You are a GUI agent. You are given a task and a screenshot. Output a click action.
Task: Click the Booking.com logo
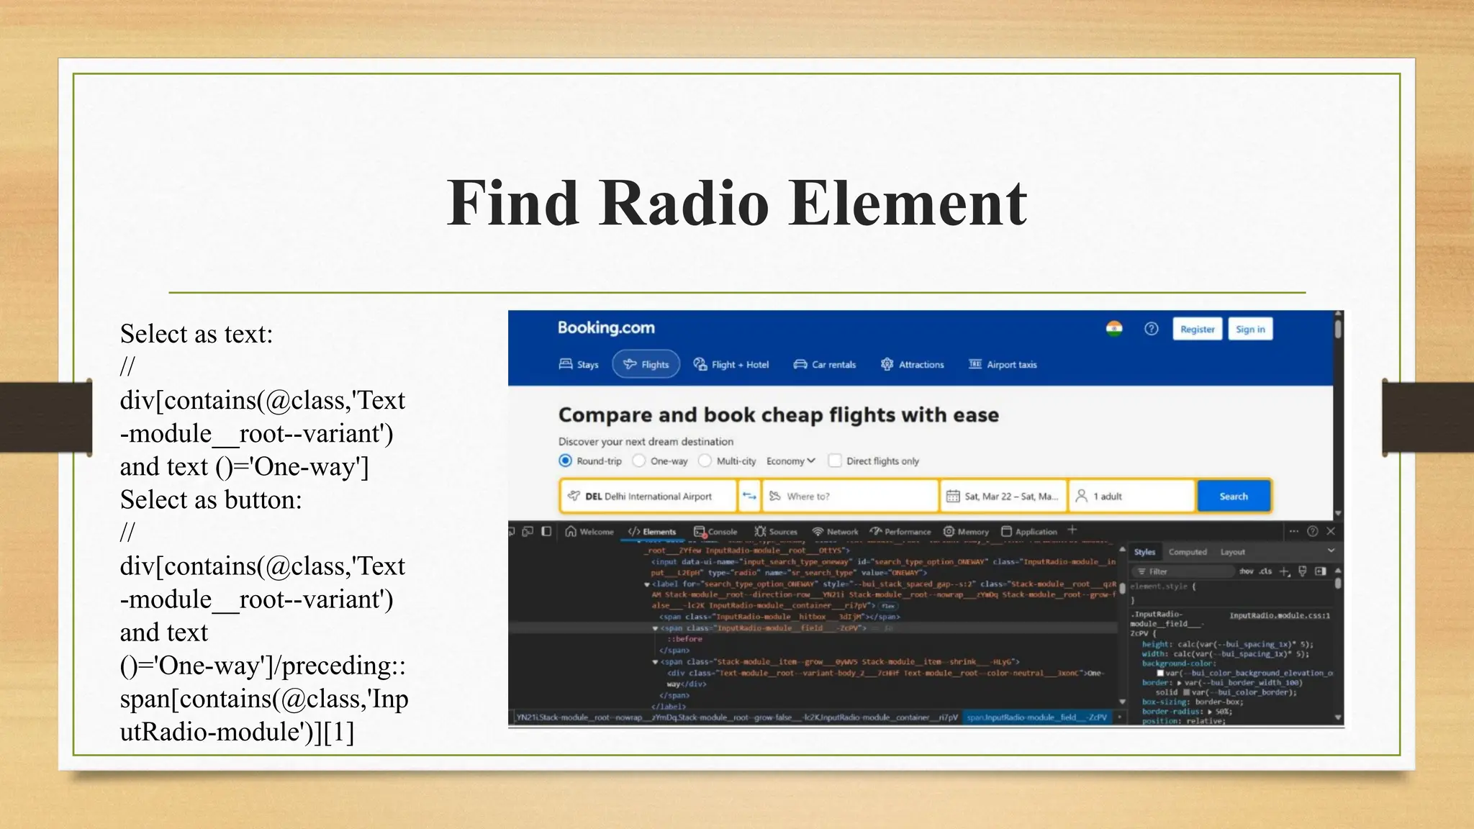coord(606,328)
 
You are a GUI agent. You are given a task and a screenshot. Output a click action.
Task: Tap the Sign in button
coord(1249,330)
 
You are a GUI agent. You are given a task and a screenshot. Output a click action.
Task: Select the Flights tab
coord(646,365)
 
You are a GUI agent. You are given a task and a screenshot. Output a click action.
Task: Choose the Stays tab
coord(579,365)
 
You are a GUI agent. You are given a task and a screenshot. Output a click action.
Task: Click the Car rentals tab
coord(825,365)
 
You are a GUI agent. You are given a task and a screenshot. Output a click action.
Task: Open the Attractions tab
coord(913,365)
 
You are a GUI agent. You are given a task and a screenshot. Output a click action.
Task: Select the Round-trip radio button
coord(566,461)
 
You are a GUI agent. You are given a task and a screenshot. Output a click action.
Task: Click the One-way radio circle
coord(639,461)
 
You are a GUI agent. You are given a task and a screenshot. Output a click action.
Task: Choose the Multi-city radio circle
coord(705,461)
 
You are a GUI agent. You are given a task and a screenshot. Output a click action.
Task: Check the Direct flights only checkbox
coord(835,461)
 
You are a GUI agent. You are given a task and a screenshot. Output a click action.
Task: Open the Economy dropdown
coord(790,461)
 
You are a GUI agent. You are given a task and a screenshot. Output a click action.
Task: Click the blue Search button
coord(1234,496)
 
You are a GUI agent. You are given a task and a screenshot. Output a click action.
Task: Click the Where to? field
coord(849,496)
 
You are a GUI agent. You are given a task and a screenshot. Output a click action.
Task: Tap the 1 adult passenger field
coord(1130,496)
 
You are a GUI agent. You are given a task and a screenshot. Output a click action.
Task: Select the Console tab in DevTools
coord(716,532)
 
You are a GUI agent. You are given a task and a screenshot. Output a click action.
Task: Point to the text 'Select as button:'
coord(211,500)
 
